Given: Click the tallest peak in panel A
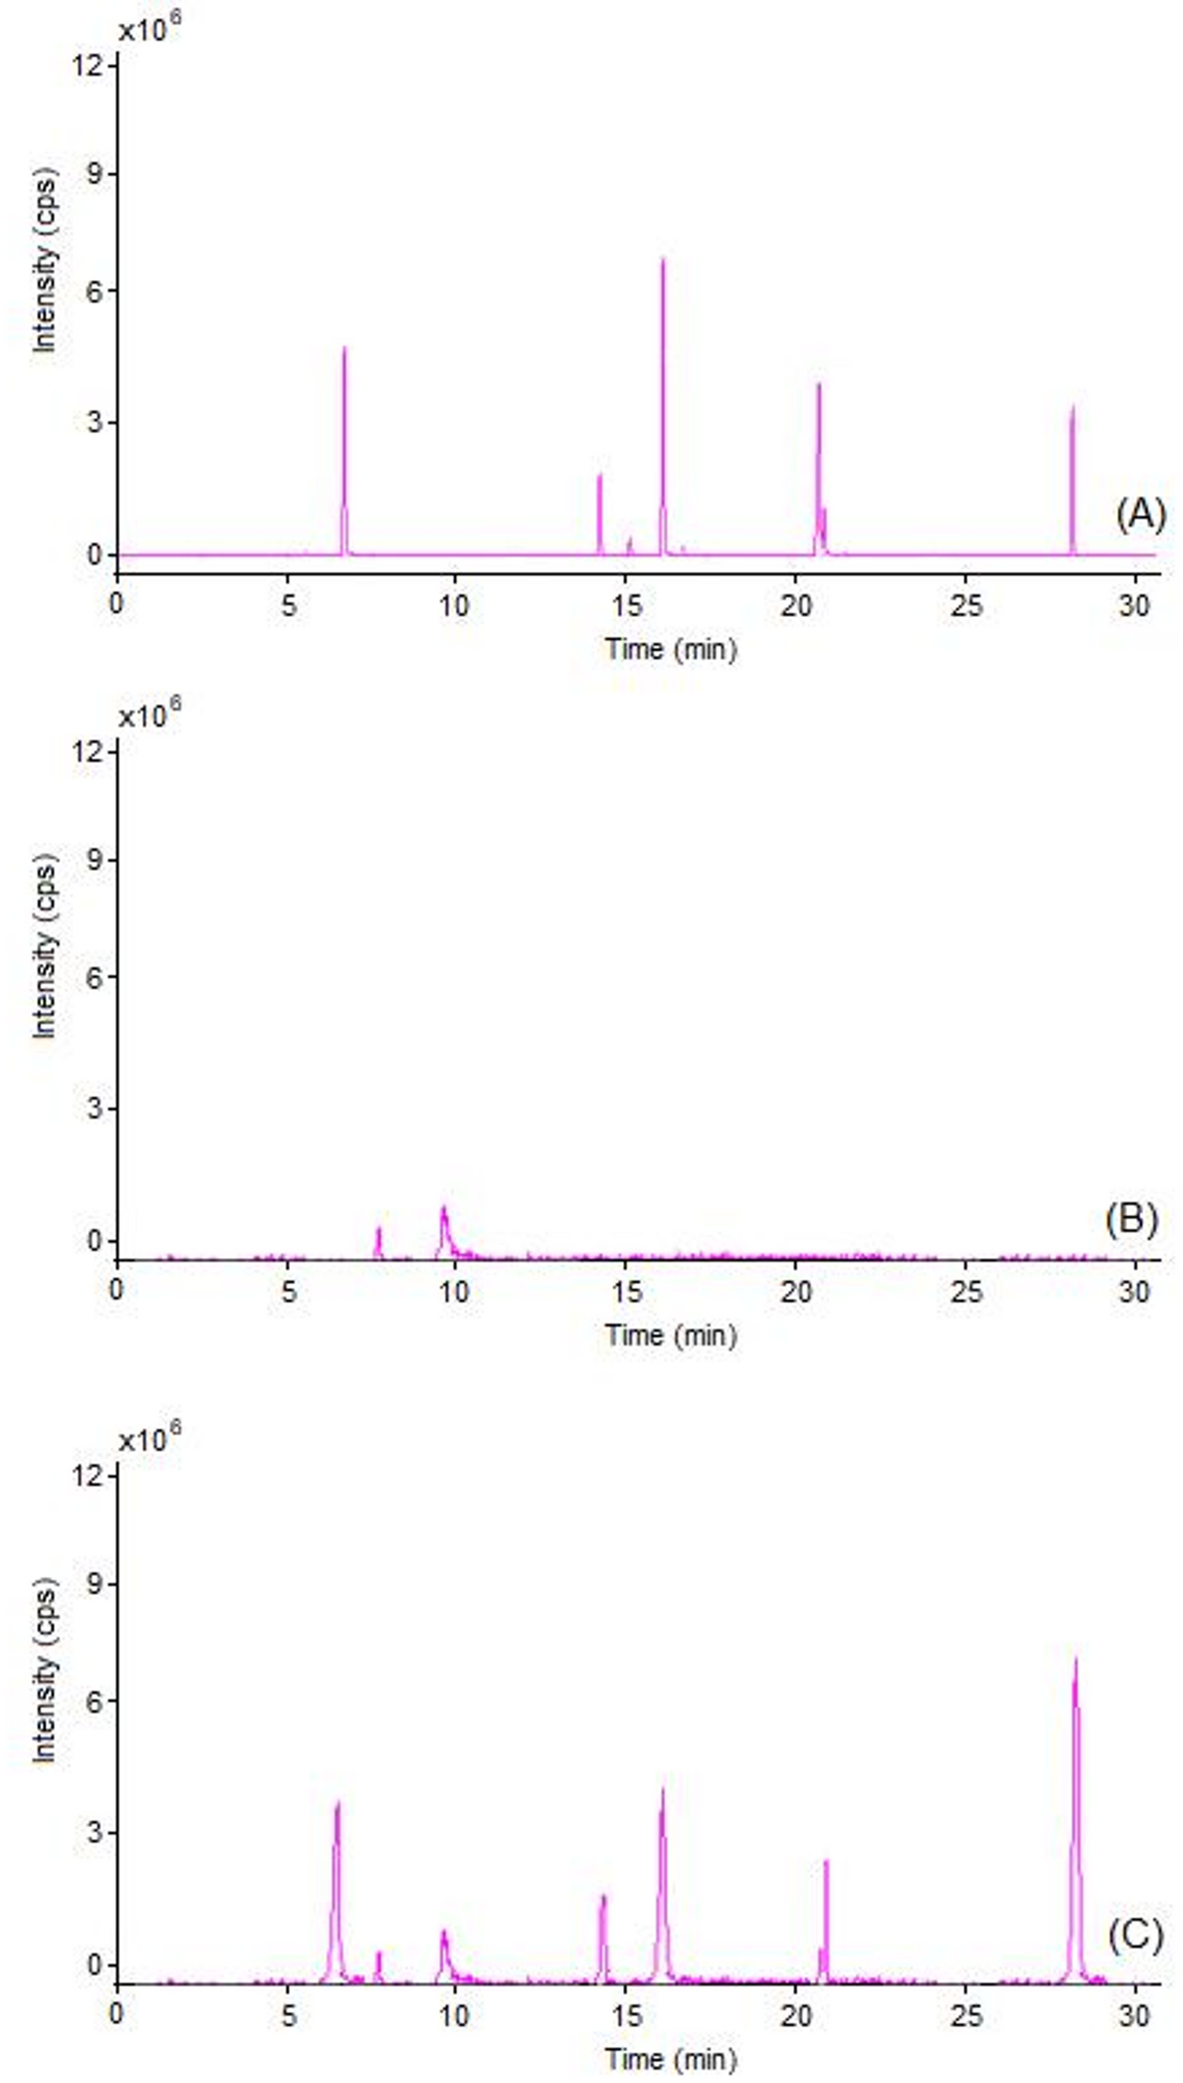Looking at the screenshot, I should coord(663,261).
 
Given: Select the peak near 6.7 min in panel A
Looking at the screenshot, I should coord(344,350).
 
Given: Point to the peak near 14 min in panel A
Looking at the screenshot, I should coord(599,478).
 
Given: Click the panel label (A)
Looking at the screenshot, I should coord(1141,514).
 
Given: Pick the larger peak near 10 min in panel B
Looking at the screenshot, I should coord(444,1210).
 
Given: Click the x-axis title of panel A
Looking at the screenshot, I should coord(670,650).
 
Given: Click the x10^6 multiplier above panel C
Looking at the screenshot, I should coord(150,1441).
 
